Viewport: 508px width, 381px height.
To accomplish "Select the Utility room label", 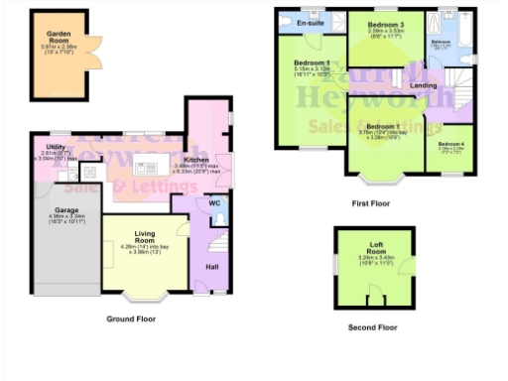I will (x=55, y=147).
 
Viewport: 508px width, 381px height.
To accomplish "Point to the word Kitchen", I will (x=196, y=159).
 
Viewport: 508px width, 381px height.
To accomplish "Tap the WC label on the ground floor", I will (x=214, y=202).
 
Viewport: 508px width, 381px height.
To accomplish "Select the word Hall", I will (x=211, y=266).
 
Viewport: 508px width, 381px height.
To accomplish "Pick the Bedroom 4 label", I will (x=451, y=145).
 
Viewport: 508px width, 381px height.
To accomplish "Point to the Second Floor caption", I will (x=373, y=325).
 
